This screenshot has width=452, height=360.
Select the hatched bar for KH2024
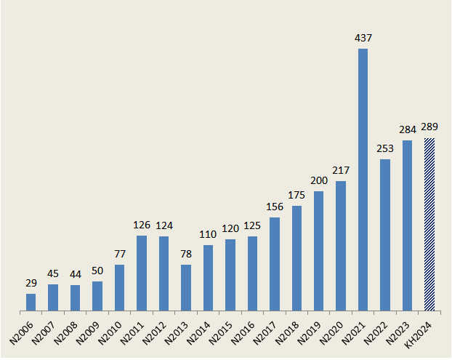[x=429, y=225]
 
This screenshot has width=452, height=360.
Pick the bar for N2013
[x=186, y=289]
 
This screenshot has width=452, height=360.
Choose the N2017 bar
[x=275, y=265]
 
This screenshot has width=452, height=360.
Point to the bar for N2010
[x=119, y=289]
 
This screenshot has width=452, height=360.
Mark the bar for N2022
[x=385, y=236]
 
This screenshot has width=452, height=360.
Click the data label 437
[x=363, y=37]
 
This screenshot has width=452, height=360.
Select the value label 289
[x=429, y=127]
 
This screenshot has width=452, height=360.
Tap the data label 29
[x=31, y=282]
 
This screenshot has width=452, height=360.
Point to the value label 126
[x=142, y=225]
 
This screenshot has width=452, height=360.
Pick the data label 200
[x=318, y=180]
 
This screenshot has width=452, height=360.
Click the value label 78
[x=186, y=253]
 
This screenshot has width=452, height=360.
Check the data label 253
[x=385, y=148]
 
